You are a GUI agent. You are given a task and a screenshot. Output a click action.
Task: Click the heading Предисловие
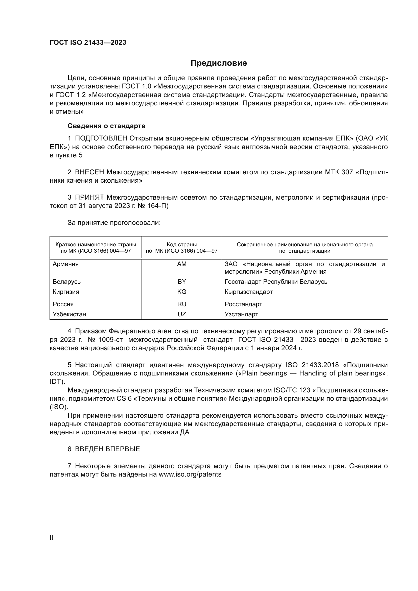click(219, 63)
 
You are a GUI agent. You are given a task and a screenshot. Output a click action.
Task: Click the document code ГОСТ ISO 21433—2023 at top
click(88, 43)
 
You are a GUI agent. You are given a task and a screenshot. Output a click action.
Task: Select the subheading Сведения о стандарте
click(106, 126)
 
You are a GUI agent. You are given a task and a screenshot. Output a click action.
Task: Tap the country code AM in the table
click(182, 264)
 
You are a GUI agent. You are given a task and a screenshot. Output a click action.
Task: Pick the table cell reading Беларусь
click(67, 281)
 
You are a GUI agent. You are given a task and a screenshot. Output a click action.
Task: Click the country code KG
click(182, 292)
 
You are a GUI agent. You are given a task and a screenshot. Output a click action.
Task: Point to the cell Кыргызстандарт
click(248, 292)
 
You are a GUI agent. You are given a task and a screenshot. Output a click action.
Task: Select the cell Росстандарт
click(243, 304)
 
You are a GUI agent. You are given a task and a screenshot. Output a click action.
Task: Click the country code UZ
click(182, 314)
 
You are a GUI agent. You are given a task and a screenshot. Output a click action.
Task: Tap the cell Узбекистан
click(69, 314)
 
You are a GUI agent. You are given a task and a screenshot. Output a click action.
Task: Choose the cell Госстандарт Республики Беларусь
click(276, 281)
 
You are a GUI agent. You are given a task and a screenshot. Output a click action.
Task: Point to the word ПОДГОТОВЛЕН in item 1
click(101, 138)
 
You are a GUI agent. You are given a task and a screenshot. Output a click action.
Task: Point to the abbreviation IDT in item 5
click(56, 382)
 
